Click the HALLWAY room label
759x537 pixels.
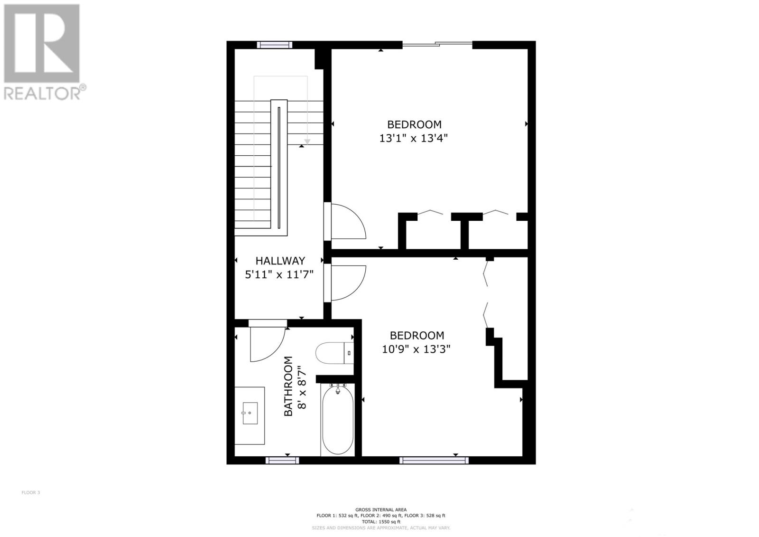pos(280,261)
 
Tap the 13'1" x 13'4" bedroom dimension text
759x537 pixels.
pos(414,139)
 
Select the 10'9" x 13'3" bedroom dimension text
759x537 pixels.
pos(416,349)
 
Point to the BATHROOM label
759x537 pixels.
pos(288,386)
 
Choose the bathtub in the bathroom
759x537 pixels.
pos(337,420)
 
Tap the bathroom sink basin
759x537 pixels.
pos(250,414)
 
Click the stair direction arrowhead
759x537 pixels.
pos(307,141)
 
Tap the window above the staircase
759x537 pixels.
pos(274,45)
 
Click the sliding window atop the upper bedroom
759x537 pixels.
pos(437,45)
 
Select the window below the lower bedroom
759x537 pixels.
pos(434,460)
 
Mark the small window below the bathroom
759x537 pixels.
pos(282,460)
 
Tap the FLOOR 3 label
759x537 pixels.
pos(31,492)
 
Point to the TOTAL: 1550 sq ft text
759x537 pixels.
pos(381,522)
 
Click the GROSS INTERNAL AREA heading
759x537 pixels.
pos(381,509)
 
